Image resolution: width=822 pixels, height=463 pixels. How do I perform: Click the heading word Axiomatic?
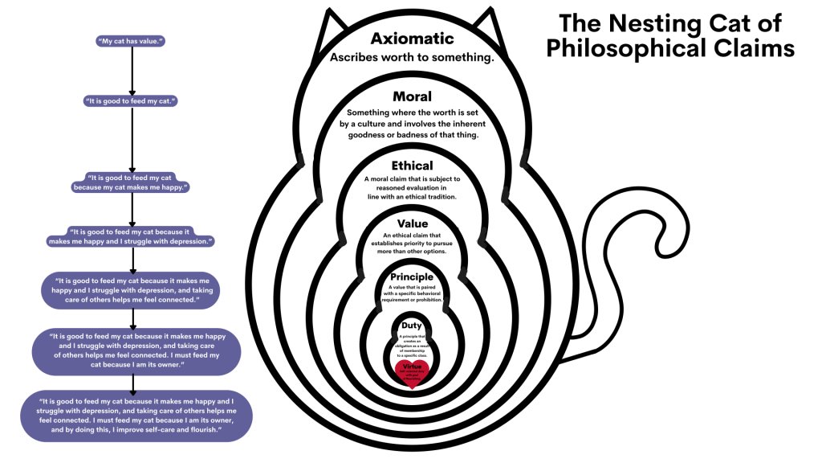(412, 39)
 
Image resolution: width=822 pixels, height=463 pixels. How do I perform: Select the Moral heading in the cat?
(412, 97)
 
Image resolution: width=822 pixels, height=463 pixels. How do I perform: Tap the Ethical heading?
(412, 166)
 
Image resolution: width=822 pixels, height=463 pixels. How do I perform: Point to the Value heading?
(412, 223)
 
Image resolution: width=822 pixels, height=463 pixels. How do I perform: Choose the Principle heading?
(412, 277)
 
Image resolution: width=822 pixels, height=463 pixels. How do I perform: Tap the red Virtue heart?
(412, 372)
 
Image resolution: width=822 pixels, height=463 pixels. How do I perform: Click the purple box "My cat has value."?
(130, 40)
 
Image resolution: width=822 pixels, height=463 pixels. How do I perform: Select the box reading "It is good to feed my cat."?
(130, 101)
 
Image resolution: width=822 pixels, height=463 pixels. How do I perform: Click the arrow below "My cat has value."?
(131, 71)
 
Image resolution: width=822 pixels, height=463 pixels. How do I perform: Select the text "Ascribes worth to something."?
(412, 59)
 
